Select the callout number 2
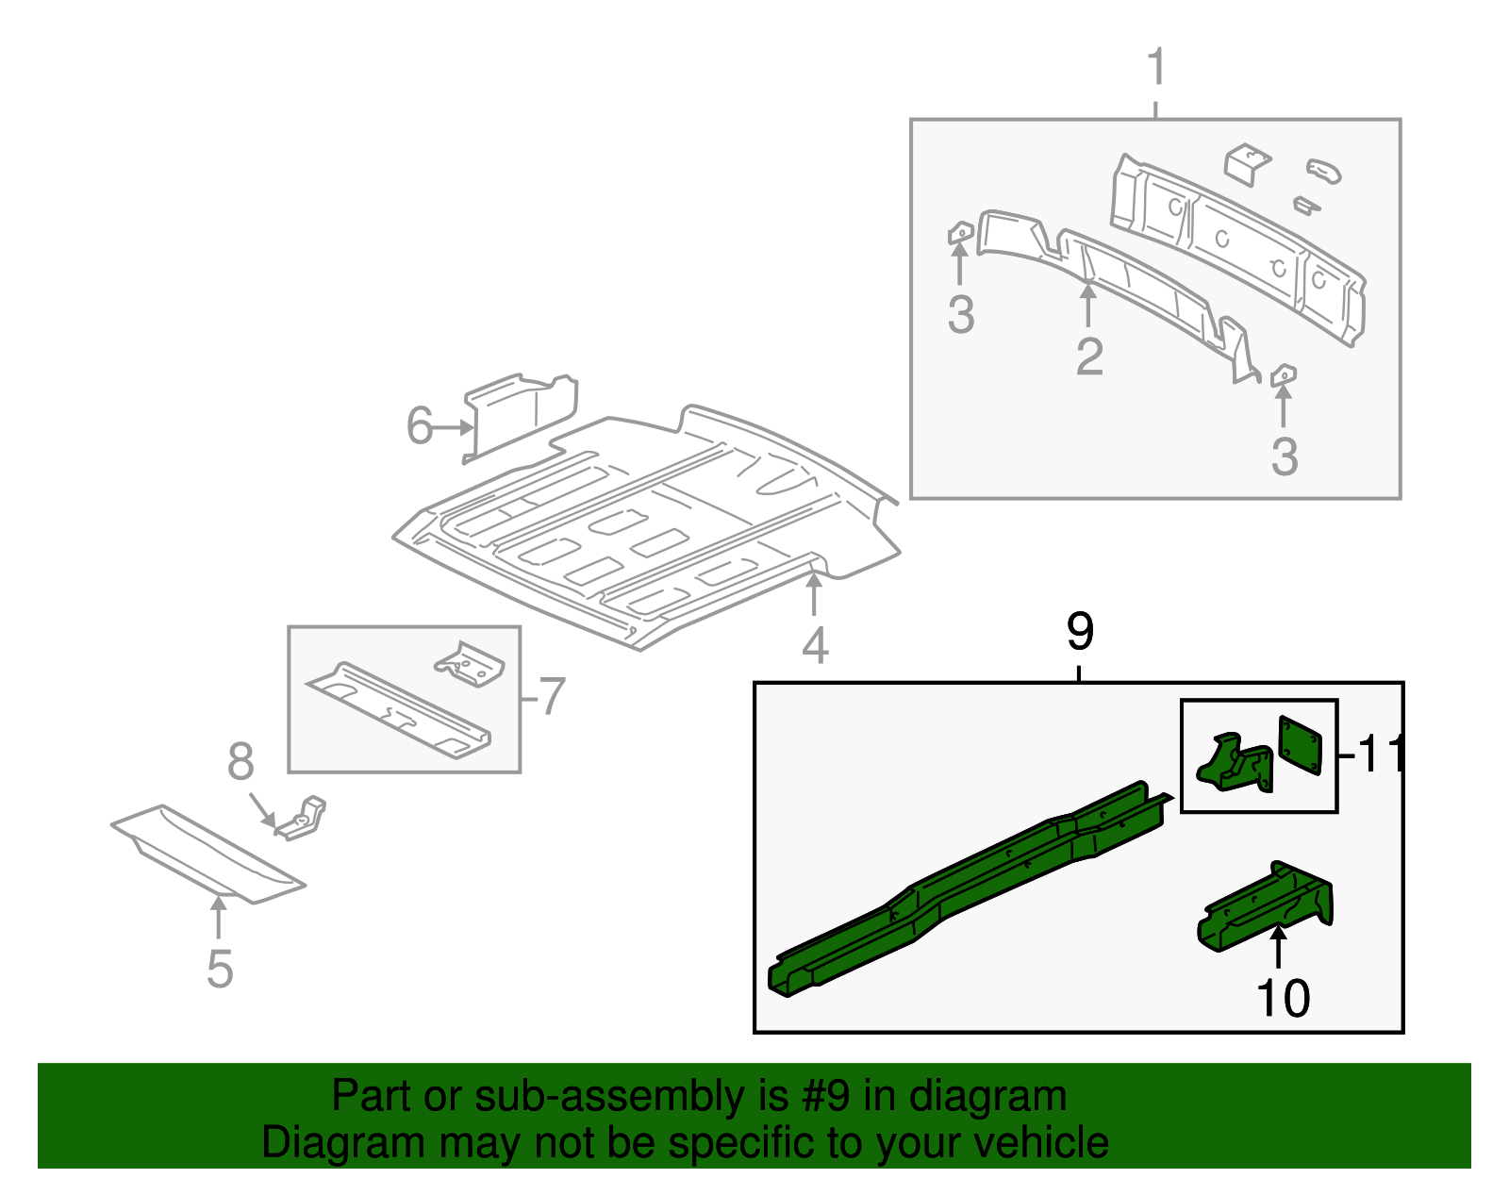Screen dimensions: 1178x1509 pyautogui.click(x=1089, y=357)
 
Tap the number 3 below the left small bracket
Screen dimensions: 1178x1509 pyautogui.click(x=960, y=315)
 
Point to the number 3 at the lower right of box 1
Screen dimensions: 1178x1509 pyautogui.click(x=1284, y=456)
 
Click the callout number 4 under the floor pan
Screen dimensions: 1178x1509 pyautogui.click(x=815, y=646)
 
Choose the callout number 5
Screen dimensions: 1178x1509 pyautogui.click(x=219, y=969)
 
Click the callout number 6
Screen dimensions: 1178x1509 pyautogui.click(x=419, y=426)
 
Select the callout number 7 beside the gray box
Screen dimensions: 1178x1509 pyautogui.click(x=552, y=697)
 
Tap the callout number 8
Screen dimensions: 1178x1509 pyautogui.click(x=240, y=761)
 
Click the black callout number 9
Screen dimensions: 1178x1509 pyautogui.click(x=1080, y=631)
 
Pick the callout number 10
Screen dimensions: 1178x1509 pyautogui.click(x=1283, y=998)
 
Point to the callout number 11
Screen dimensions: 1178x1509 pyautogui.click(x=1379, y=754)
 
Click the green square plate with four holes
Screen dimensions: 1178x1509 pyautogui.click(x=1300, y=744)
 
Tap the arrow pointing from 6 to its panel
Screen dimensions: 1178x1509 pyautogui.click(x=454, y=427)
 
